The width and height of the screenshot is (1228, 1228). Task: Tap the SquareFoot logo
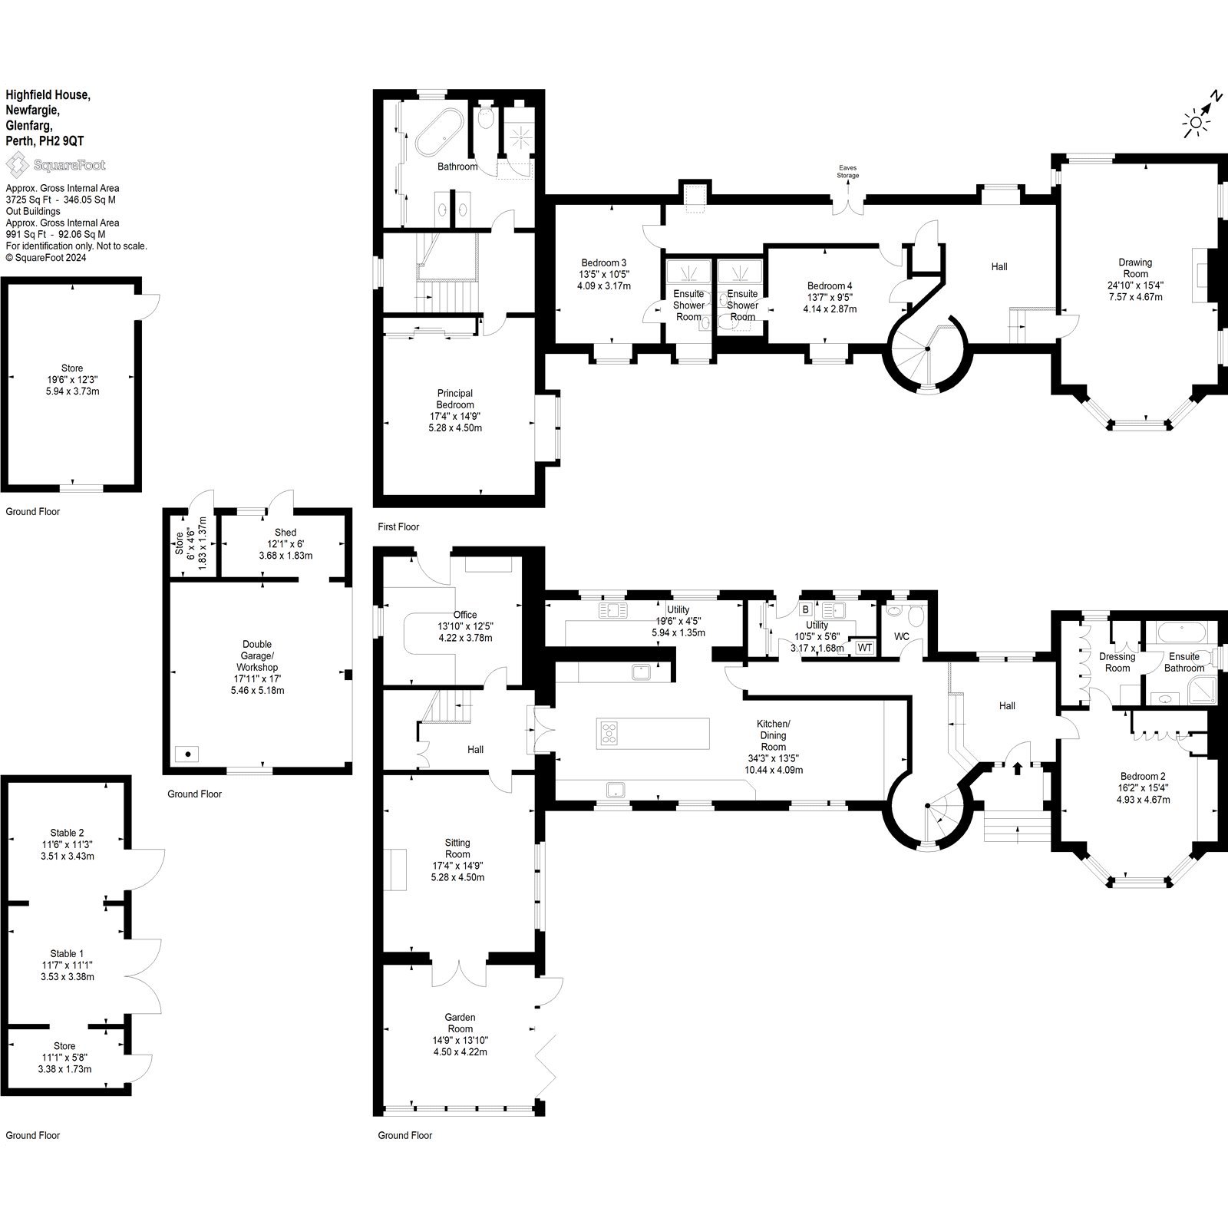pyautogui.click(x=55, y=164)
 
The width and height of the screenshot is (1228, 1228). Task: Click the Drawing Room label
pyautogui.click(x=1135, y=268)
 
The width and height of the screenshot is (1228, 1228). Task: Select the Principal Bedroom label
pyautogui.click(x=454, y=399)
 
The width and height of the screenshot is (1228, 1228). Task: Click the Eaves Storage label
pyautogui.click(x=848, y=171)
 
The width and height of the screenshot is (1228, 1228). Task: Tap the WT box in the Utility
pyautogui.click(x=864, y=648)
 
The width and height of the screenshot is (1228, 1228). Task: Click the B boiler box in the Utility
pyautogui.click(x=805, y=610)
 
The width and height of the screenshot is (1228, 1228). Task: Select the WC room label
pyautogui.click(x=902, y=637)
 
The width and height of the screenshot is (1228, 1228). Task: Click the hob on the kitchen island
pyautogui.click(x=609, y=733)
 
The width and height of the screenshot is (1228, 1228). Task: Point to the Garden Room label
pyautogui.click(x=460, y=1023)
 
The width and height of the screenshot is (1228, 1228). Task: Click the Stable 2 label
pyautogui.click(x=67, y=833)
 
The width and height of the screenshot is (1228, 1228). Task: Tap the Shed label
pyautogui.click(x=285, y=533)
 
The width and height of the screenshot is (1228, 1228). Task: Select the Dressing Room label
pyautogui.click(x=1117, y=662)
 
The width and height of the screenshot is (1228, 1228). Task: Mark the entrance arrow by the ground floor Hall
pyautogui.click(x=1018, y=767)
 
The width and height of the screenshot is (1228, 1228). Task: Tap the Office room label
pyautogui.click(x=464, y=615)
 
